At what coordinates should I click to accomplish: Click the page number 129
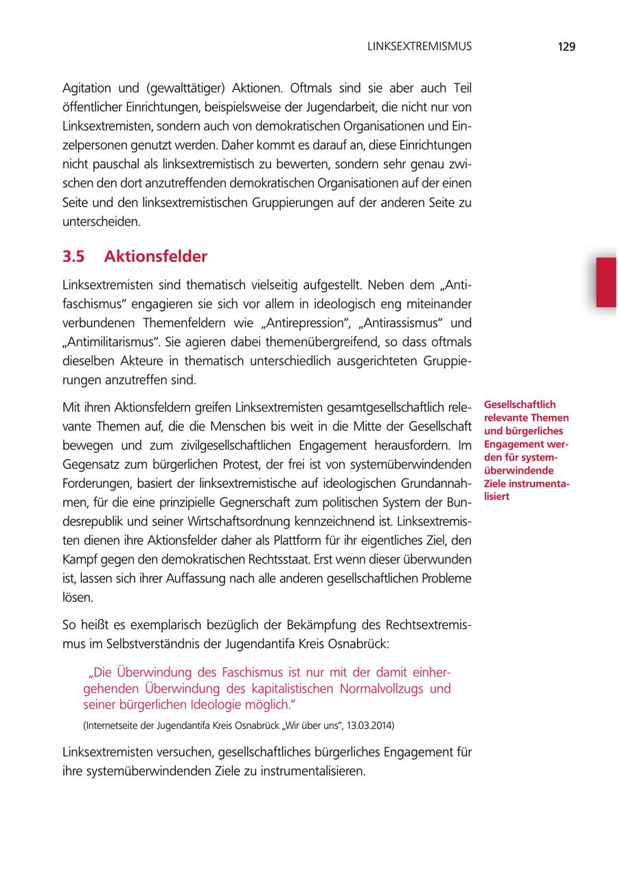[566, 47]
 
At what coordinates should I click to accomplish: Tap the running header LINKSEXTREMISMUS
[420, 47]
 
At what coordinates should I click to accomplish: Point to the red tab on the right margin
[606, 282]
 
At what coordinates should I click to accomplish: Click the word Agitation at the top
[89, 89]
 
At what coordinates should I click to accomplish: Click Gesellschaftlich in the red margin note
[520, 404]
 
